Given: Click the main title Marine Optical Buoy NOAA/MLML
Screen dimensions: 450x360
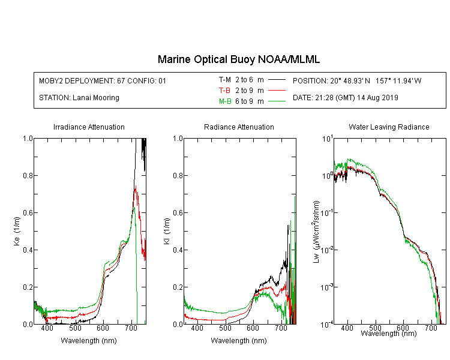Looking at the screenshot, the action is coord(238,59).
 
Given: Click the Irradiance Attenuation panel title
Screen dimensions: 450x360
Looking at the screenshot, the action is coord(89,127).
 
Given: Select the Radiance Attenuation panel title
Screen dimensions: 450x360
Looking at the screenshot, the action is coord(239,127).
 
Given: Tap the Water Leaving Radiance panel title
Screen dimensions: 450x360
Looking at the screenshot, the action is coord(389,127).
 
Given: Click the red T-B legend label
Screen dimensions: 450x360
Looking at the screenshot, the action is coord(224,91).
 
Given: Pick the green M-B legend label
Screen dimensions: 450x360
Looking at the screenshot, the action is coord(225,101).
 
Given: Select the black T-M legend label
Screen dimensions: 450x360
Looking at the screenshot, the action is coord(225,80).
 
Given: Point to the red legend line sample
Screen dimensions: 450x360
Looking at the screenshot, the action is coord(277,91).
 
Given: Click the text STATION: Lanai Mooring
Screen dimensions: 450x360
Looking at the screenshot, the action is coord(79,98).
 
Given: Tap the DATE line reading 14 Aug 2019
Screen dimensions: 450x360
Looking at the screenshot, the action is coord(345,98).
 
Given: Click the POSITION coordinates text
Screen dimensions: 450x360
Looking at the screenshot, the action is coord(357,80).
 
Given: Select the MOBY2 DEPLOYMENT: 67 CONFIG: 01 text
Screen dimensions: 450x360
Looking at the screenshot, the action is coord(103,80).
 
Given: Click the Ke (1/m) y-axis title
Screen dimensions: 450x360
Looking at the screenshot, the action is coord(17,231).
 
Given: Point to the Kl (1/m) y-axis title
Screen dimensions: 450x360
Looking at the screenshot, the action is coord(167,231).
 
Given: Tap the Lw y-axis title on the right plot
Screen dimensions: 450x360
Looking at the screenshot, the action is coord(316,232).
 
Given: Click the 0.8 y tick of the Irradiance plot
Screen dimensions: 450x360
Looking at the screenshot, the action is coord(28,175).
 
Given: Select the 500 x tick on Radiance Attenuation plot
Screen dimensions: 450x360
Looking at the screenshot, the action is coord(225,328).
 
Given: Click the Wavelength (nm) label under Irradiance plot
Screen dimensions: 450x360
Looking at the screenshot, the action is coord(89,341).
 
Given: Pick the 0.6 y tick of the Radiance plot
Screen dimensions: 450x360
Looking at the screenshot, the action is coord(178,213).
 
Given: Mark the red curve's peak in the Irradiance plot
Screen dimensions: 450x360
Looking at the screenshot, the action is coord(136,186).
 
